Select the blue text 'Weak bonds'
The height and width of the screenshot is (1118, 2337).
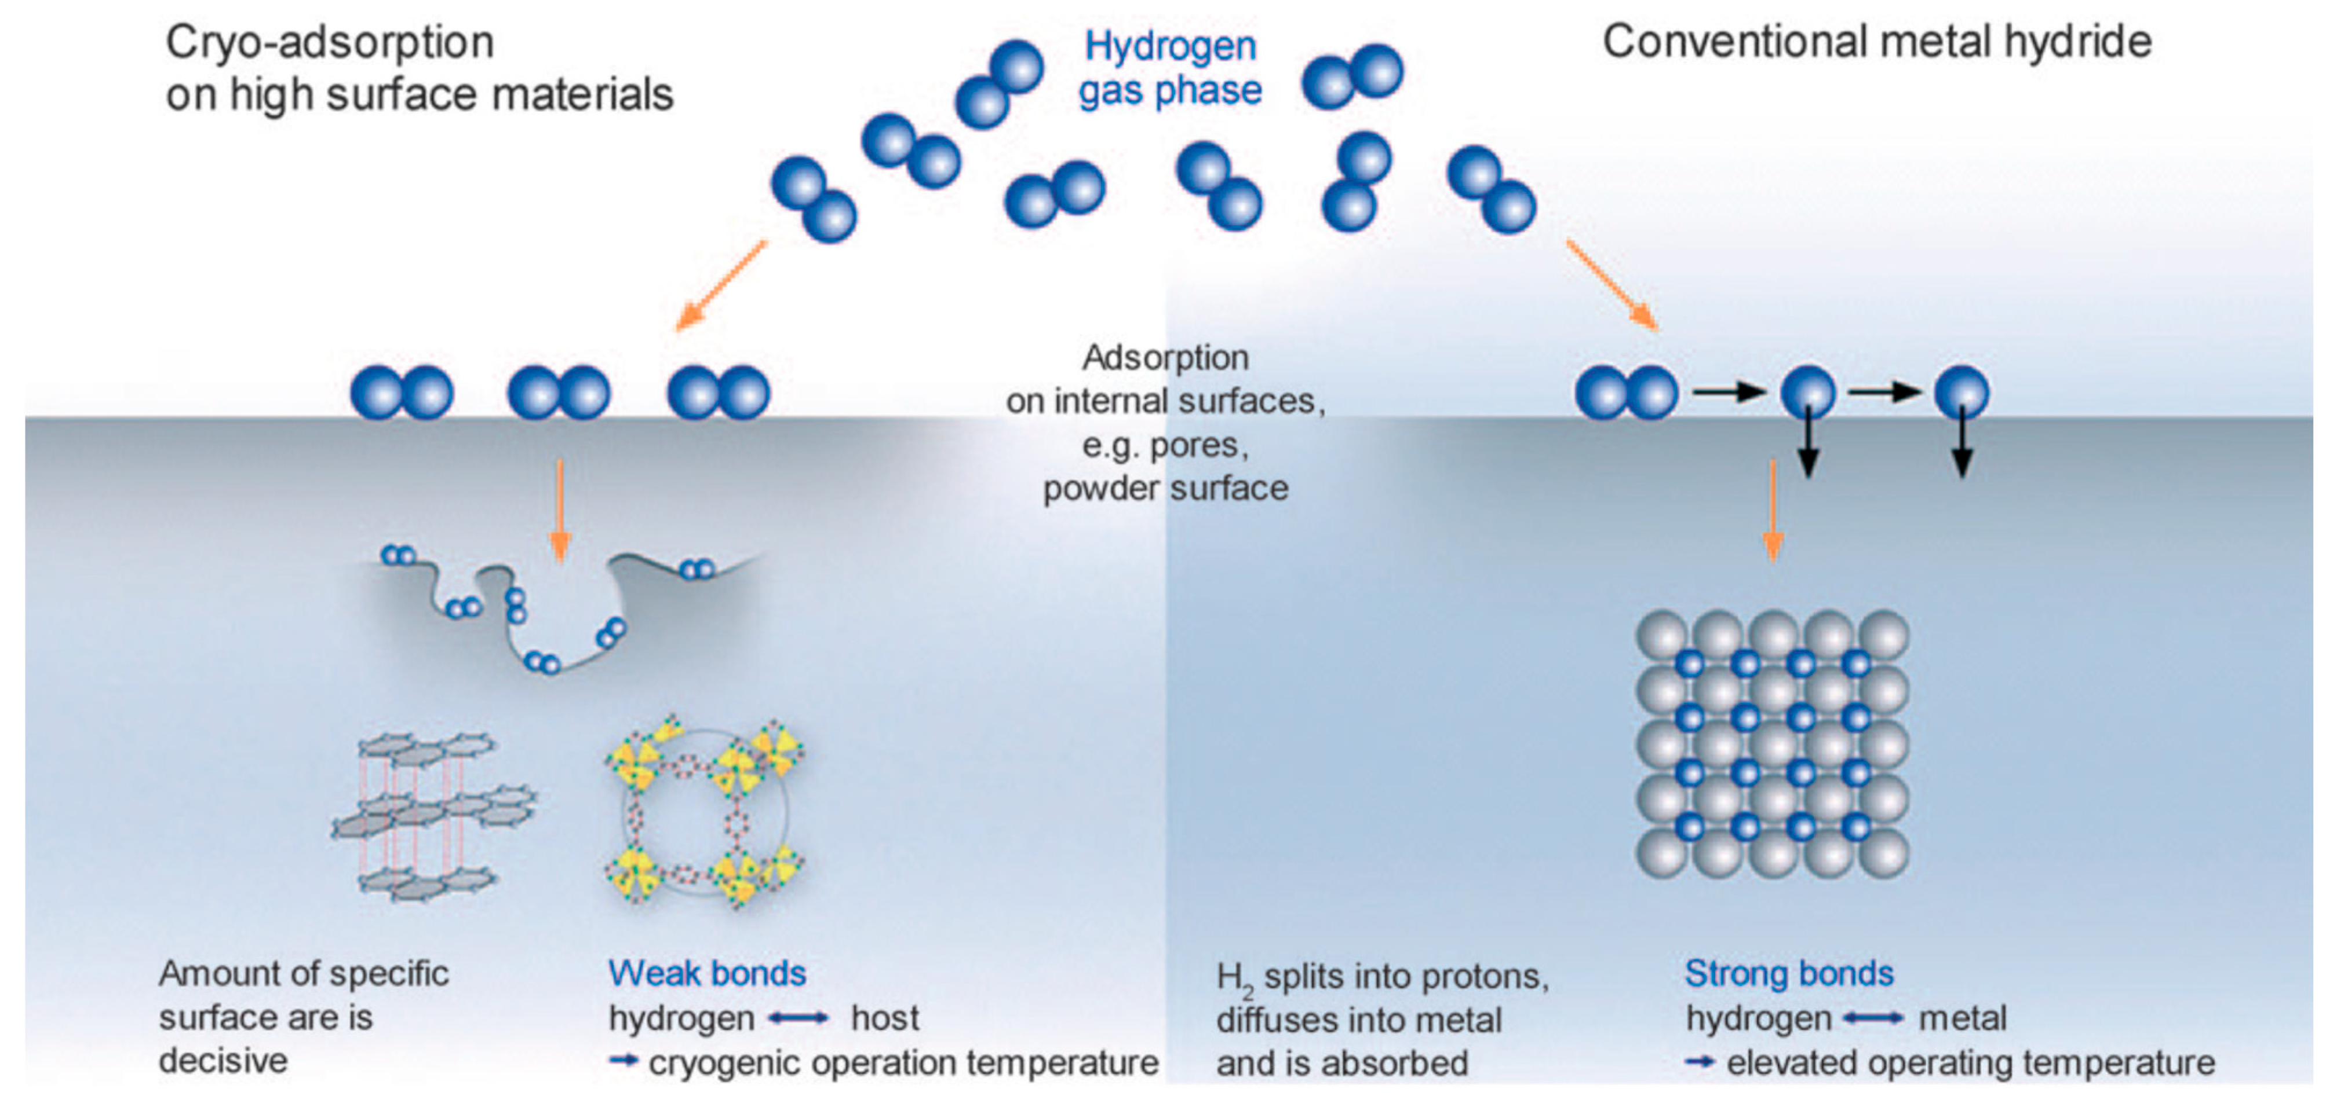[x=707, y=973]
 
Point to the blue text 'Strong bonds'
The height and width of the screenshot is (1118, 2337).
[x=1789, y=973]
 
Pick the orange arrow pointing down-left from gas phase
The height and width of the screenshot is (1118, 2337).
[x=721, y=285]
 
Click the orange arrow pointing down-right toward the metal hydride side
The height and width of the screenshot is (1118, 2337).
[x=1612, y=285]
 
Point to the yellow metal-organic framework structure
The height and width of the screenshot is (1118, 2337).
[x=705, y=813]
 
